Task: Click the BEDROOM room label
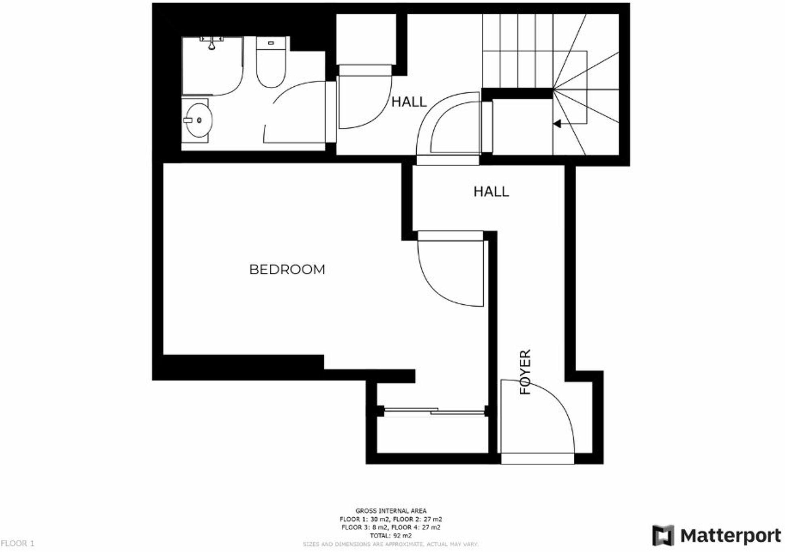pos(287,270)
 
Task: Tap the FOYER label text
pos(525,372)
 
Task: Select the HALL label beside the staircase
pos(409,102)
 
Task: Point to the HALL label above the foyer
pos(491,192)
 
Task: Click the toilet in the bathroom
pos(271,65)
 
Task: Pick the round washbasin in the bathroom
pos(197,120)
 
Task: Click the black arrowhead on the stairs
pos(557,124)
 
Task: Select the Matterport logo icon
pos(663,535)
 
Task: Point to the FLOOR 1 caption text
pos(17,544)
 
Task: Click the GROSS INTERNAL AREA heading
pos(390,511)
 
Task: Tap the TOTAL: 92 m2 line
pos(390,536)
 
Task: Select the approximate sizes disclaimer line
pos(390,544)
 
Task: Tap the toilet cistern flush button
pos(271,43)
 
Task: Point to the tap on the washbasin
pos(187,120)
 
